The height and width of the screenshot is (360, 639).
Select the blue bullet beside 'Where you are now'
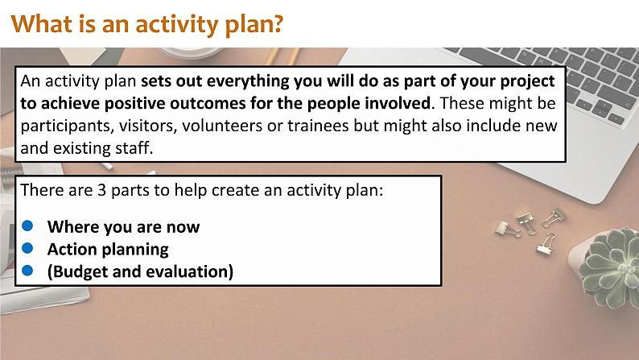[x=27, y=226]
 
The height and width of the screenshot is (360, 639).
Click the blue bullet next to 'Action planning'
[x=27, y=249]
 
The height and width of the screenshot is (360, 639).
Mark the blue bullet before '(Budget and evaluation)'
[x=27, y=271]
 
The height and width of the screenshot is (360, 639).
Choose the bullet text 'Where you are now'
[x=123, y=226]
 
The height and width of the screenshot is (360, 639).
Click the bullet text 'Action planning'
[x=108, y=249]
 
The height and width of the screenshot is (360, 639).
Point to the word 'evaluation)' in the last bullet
[x=188, y=271]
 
